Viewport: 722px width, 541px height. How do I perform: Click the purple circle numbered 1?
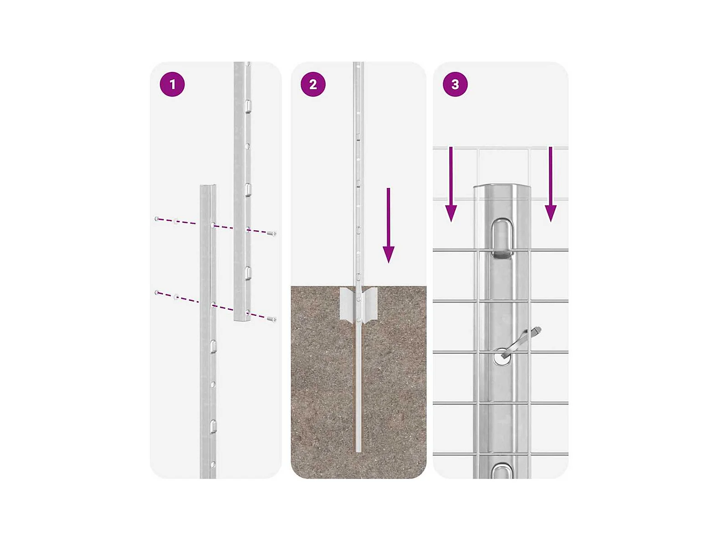tap(172, 84)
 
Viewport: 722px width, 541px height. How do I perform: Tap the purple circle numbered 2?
tap(313, 84)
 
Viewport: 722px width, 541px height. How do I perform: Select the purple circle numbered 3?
tap(455, 84)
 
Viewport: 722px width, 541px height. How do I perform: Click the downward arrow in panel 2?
tap(388, 225)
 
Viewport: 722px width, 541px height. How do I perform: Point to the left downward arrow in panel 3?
tap(451, 184)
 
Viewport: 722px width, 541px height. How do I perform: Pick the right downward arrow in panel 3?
tap(550, 184)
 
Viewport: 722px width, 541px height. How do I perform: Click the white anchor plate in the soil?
tap(358, 304)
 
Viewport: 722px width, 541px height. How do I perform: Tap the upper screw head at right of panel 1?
tap(271, 233)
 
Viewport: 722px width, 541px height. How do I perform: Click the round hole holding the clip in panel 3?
tap(502, 356)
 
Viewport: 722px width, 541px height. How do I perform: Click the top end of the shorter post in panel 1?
tap(208, 186)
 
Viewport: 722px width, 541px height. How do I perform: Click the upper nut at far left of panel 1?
tap(157, 219)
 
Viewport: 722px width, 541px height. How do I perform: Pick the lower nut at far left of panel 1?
tap(157, 292)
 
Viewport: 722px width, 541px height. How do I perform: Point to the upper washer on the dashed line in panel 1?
tap(176, 220)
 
